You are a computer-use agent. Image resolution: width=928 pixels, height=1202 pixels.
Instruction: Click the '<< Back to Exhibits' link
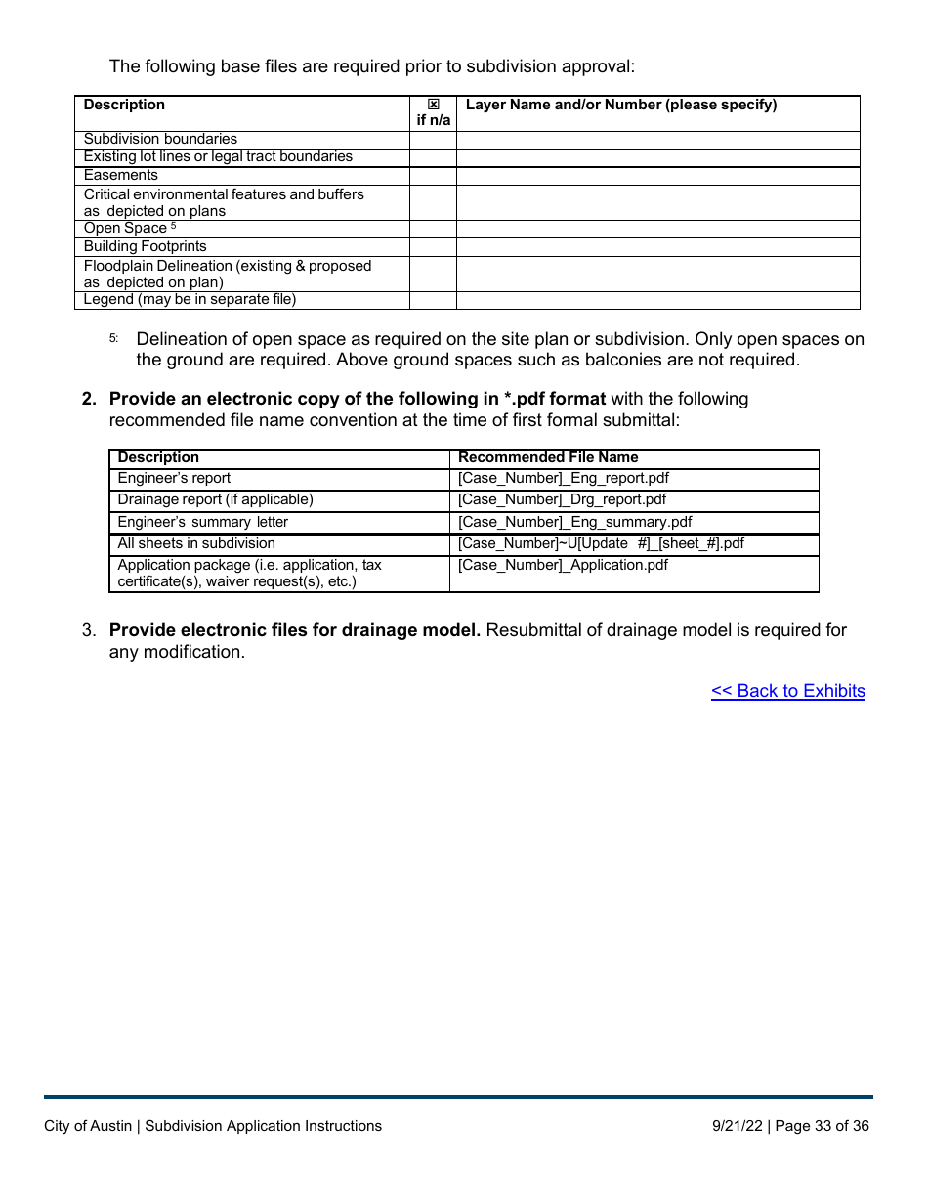(787, 691)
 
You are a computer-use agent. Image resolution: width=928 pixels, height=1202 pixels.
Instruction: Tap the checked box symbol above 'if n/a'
(434, 105)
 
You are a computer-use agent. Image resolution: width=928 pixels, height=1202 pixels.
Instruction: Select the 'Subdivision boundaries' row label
(160, 139)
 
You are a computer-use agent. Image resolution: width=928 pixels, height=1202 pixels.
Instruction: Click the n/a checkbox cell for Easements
(433, 176)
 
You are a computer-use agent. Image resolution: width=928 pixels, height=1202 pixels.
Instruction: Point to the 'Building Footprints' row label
(145, 246)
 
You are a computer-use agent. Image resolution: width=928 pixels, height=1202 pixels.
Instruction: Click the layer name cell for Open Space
(657, 229)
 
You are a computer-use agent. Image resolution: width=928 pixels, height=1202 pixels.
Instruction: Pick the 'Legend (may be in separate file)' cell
(190, 299)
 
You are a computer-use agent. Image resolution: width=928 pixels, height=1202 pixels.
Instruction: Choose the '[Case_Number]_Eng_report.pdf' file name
(564, 478)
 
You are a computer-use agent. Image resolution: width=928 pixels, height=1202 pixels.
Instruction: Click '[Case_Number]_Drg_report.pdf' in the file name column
(562, 499)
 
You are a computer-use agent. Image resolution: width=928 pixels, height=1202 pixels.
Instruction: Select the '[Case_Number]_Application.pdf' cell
(563, 565)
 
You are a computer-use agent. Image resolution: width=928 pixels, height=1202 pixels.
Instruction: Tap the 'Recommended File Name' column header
(548, 457)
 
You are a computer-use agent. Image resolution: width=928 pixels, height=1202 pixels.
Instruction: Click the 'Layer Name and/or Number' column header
(621, 105)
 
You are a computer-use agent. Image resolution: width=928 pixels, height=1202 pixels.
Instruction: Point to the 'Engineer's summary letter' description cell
(202, 522)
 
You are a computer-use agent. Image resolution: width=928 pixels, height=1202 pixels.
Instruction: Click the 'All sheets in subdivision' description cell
(196, 543)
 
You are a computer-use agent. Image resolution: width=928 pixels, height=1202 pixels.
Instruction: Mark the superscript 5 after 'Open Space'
(173, 226)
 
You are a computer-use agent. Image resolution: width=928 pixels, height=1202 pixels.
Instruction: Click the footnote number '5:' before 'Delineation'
(113, 338)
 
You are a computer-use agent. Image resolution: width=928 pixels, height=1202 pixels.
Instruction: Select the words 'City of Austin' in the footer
(88, 1126)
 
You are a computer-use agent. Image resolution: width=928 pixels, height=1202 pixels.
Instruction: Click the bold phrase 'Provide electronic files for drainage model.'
(294, 630)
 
